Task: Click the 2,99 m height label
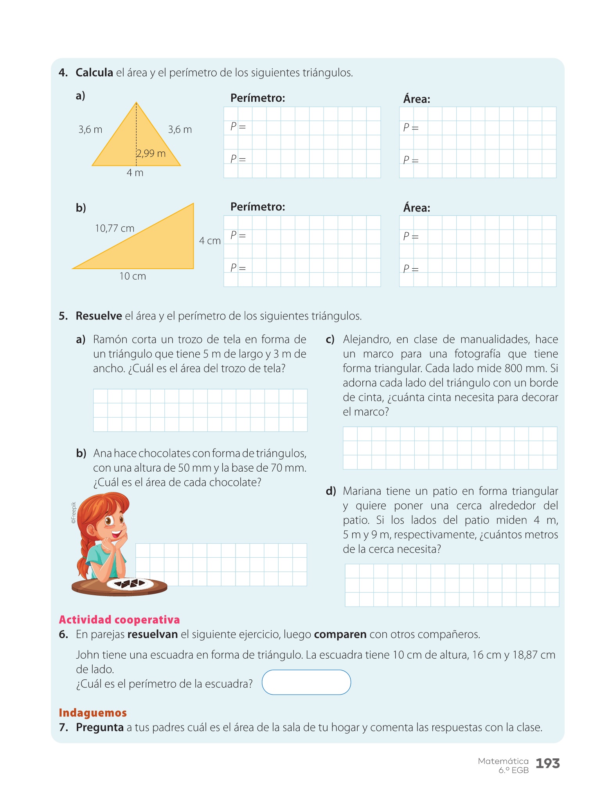click(151, 153)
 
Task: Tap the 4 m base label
click(135, 173)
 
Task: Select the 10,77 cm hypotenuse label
click(115, 228)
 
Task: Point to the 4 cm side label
click(210, 241)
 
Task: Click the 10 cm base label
click(133, 276)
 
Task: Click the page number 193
click(547, 763)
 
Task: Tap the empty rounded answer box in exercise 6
click(306, 682)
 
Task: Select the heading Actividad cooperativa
click(119, 620)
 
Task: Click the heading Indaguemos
click(93, 713)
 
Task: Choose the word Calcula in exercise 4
click(94, 73)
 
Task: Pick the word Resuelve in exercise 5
click(99, 316)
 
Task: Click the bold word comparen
click(340, 634)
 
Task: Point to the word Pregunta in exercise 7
click(100, 727)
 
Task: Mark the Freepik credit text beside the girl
click(73, 513)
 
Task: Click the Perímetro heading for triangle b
click(257, 207)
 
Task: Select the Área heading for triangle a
click(417, 99)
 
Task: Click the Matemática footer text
click(503, 761)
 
